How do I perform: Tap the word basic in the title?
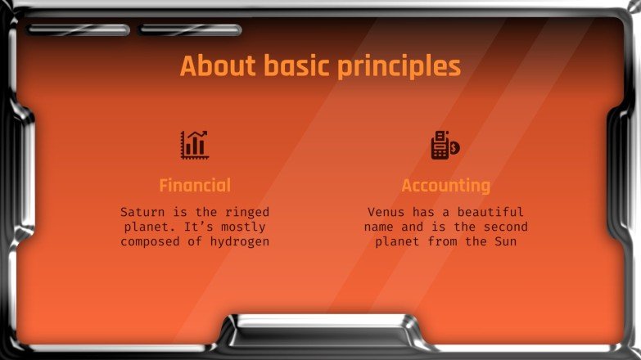pyautogui.click(x=292, y=66)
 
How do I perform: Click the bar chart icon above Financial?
pyautogui.click(x=195, y=145)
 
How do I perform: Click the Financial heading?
pyautogui.click(x=195, y=185)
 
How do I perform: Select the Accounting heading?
pyautogui.click(x=446, y=185)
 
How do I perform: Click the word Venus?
pyautogui.click(x=386, y=212)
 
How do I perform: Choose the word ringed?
pyautogui.click(x=246, y=212)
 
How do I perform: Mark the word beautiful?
pyautogui.click(x=490, y=212)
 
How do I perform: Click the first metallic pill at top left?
pyautogui.click(x=79, y=30)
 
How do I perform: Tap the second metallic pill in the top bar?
pyautogui.click(x=190, y=30)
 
